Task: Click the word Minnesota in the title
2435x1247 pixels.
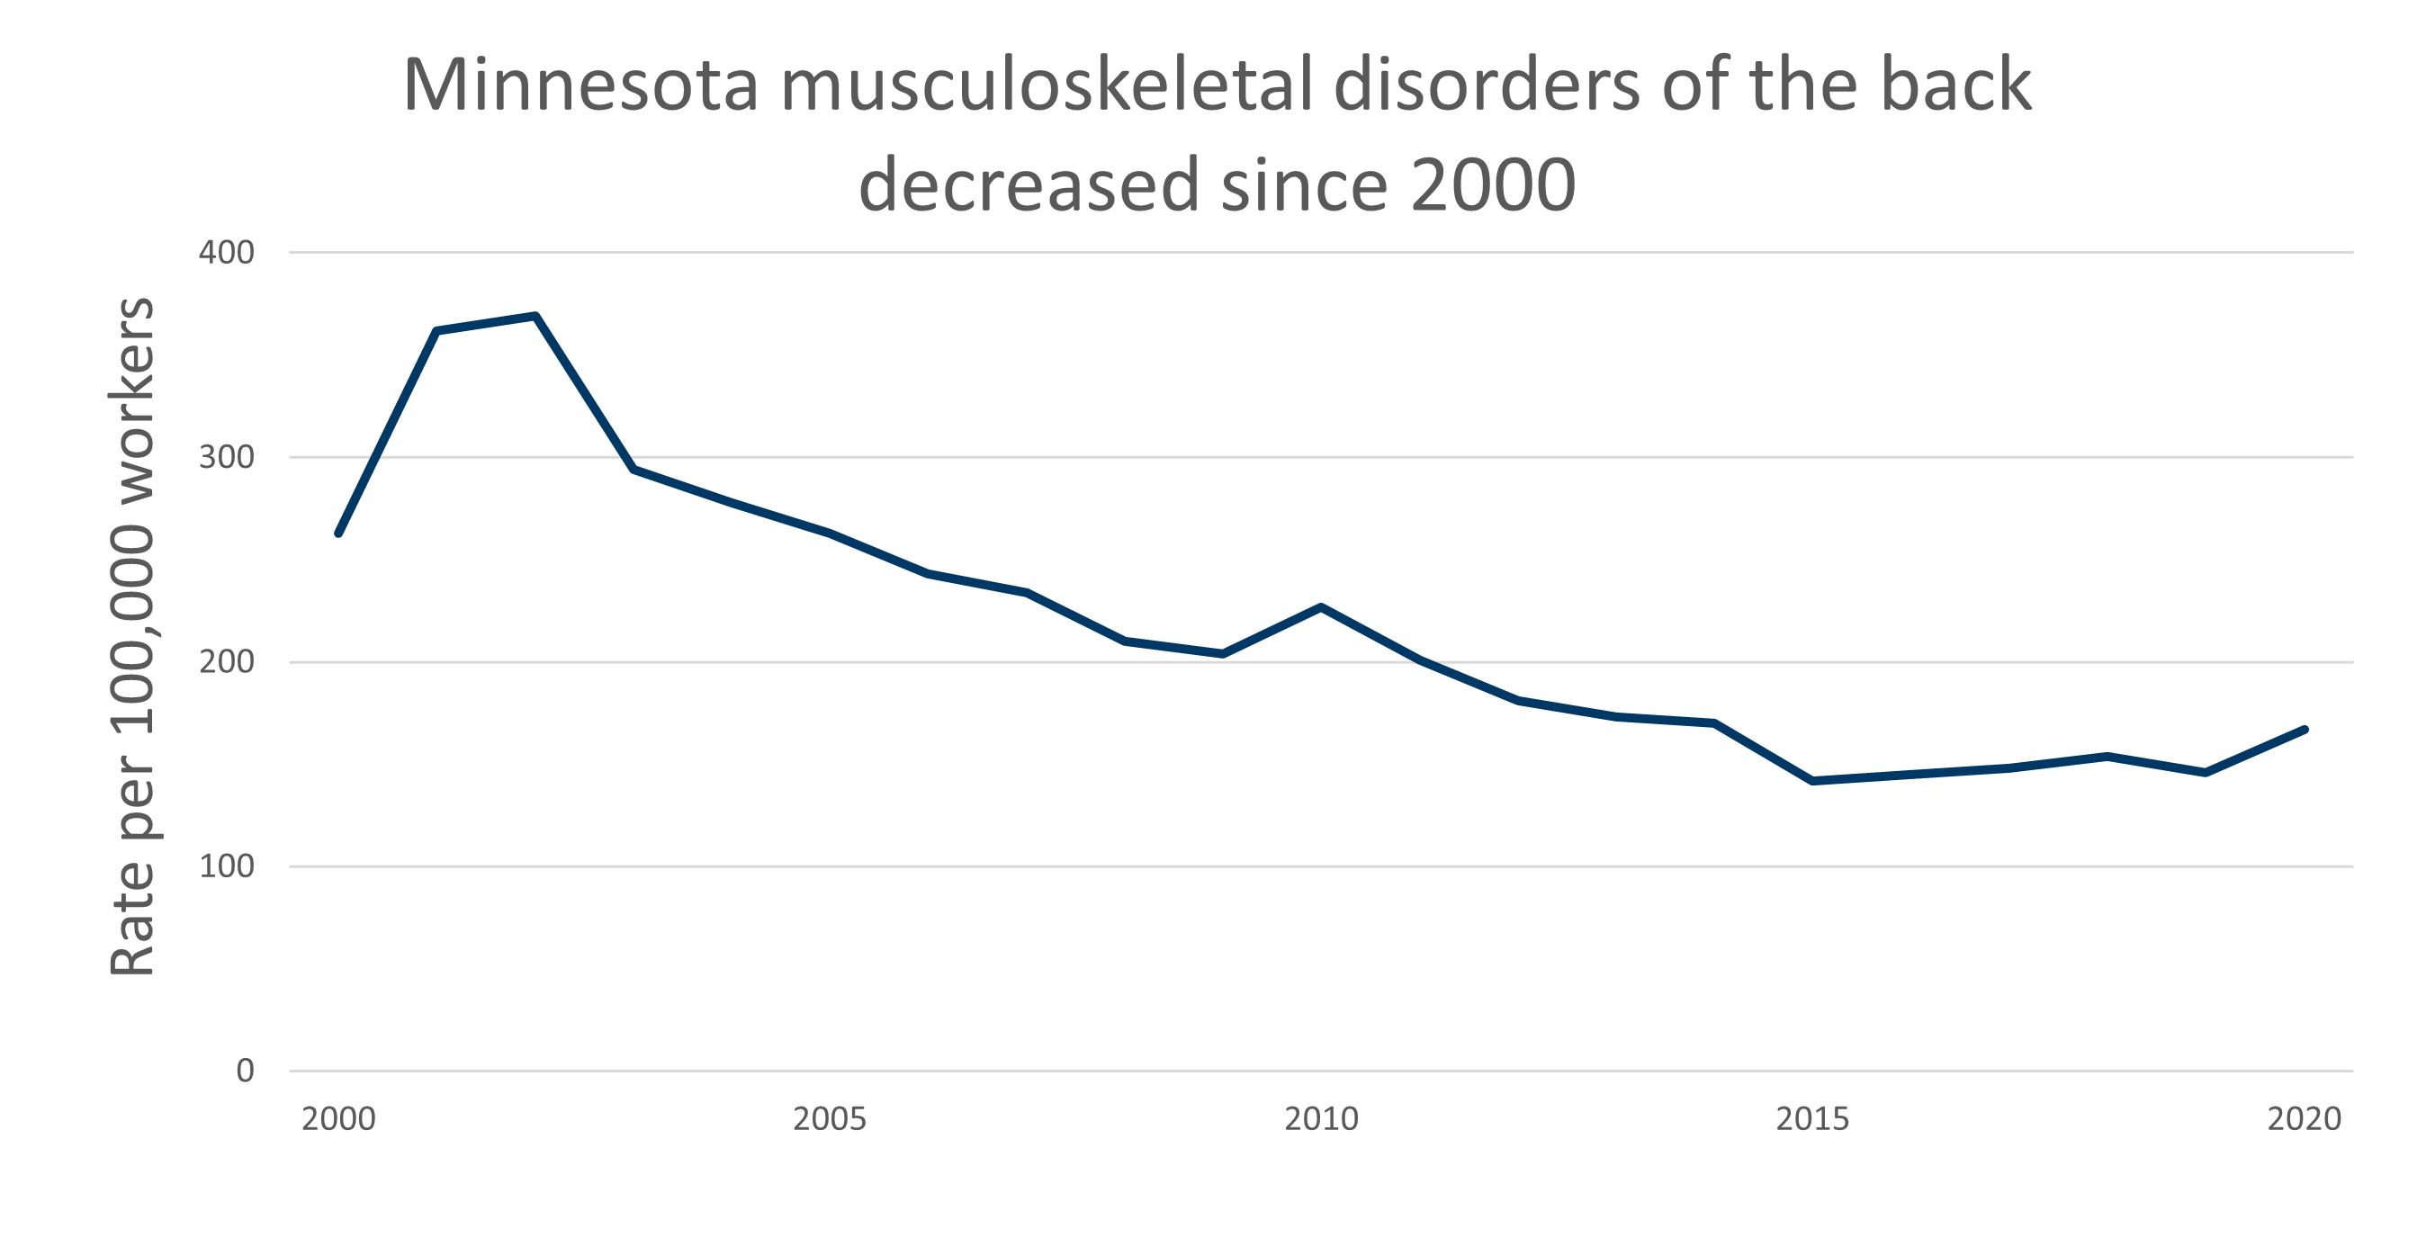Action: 580,85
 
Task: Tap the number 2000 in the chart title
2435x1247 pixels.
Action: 1493,184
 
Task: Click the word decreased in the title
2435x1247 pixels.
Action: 1029,184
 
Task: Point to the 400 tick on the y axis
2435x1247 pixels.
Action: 226,253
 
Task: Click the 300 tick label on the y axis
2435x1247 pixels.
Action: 226,458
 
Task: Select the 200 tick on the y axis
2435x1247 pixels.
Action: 226,662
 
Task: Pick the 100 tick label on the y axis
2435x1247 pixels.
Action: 226,866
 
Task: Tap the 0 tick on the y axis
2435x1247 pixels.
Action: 245,1072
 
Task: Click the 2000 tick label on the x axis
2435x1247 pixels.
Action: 338,1119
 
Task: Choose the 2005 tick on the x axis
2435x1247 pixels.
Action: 829,1119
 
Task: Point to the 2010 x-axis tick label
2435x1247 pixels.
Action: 1321,1119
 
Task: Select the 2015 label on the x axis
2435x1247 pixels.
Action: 1812,1119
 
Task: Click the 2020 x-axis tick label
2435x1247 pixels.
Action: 2304,1119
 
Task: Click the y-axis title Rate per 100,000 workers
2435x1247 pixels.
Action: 132,636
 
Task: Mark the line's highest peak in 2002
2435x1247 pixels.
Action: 535,316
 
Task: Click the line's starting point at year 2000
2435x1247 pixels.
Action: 338,534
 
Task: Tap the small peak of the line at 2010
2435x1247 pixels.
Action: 1321,607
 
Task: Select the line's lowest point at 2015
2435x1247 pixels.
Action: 1812,781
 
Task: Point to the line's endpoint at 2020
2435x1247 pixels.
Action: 2305,730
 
